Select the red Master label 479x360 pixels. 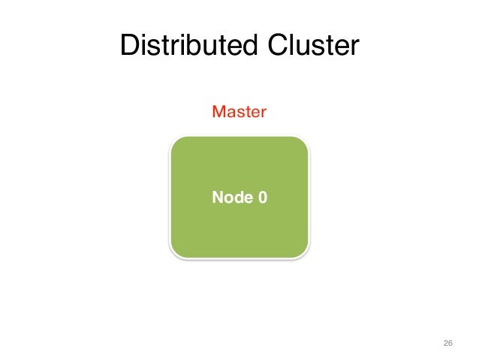pyautogui.click(x=239, y=112)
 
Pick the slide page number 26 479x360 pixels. pyautogui.click(x=448, y=343)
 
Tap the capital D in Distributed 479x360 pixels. pyautogui.click(x=129, y=46)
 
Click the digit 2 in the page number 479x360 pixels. pyautogui.click(x=446, y=343)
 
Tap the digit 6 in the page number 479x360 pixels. pyautogui.click(x=451, y=343)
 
